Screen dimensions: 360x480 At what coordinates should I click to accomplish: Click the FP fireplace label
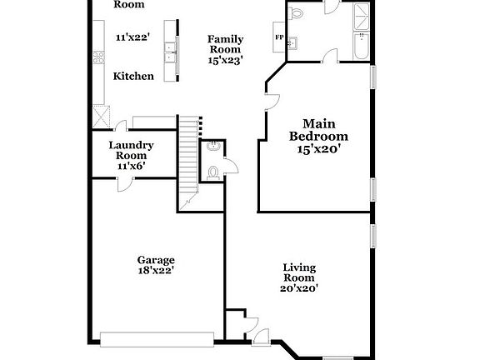278,37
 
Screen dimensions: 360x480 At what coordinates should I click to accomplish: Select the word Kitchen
133,76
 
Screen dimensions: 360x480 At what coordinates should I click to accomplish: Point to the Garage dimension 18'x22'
157,270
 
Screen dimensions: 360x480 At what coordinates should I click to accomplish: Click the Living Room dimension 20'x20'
298,288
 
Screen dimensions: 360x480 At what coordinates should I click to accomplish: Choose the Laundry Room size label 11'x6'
131,166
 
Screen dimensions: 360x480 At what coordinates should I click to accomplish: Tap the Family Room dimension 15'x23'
225,60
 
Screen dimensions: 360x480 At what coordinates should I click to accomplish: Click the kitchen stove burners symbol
98,57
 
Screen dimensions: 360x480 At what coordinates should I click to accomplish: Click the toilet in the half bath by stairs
213,172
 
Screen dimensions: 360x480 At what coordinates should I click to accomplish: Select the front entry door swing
262,336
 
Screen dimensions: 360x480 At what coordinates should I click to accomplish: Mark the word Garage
157,260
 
